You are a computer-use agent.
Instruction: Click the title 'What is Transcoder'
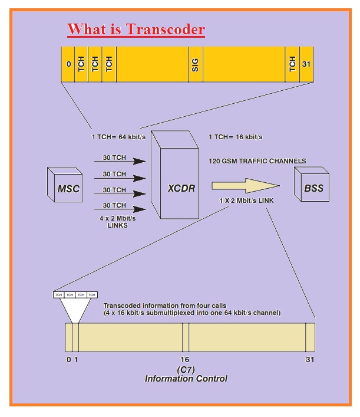136,29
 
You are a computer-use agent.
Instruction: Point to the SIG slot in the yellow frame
195,64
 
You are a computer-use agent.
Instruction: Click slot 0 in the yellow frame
68,64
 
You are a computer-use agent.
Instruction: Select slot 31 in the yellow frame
306,64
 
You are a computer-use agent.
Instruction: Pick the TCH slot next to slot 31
292,64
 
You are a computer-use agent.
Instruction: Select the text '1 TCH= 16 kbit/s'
235,137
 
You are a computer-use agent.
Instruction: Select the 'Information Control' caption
186,378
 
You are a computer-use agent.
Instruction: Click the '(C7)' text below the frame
186,369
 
